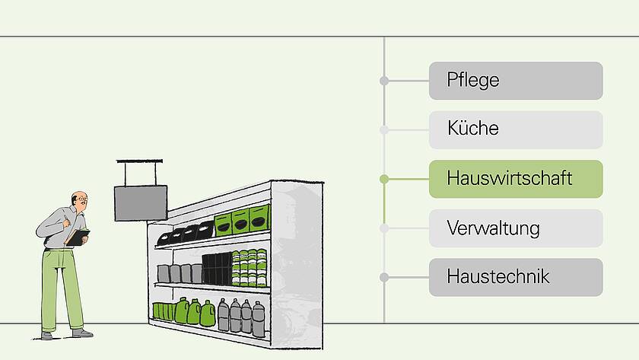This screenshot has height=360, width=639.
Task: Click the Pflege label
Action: pyautogui.click(x=516, y=81)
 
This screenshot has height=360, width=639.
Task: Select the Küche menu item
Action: pyautogui.click(x=516, y=129)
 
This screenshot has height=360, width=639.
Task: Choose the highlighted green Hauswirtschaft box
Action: pyautogui.click(x=516, y=179)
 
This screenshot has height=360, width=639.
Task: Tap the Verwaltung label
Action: pyautogui.click(x=516, y=228)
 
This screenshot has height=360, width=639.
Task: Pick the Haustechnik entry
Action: pyautogui.click(x=516, y=277)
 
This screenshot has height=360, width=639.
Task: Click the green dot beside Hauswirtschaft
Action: pyautogui.click(x=384, y=179)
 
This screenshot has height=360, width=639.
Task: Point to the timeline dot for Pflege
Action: pyautogui.click(x=384, y=81)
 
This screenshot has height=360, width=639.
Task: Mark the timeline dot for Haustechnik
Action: pyautogui.click(x=384, y=277)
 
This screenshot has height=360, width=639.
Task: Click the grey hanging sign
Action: pyautogui.click(x=141, y=202)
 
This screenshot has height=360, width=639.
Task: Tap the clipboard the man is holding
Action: pyautogui.click(x=78, y=237)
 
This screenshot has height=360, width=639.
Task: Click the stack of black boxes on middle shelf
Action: pyautogui.click(x=216, y=269)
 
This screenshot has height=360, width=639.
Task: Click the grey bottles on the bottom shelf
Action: pyautogui.click(x=242, y=314)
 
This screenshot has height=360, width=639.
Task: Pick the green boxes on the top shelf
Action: pyautogui.click(x=242, y=221)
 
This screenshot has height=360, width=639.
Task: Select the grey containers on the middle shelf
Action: pyautogui.click(x=180, y=273)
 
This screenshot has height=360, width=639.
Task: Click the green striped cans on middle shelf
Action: pyautogui.click(x=250, y=267)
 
